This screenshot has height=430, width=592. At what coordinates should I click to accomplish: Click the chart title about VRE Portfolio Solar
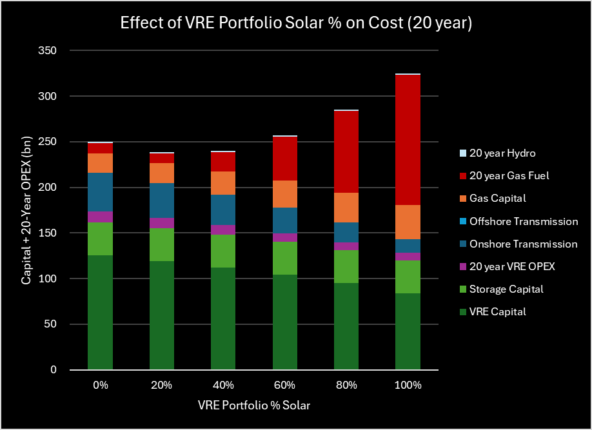[296, 24]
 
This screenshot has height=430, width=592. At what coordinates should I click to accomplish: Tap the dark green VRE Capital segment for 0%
[101, 312]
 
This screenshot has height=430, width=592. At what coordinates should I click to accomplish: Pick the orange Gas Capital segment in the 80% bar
[346, 208]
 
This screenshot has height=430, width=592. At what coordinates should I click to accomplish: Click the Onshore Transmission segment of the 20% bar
[162, 200]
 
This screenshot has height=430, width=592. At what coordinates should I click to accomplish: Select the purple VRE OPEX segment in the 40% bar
[223, 230]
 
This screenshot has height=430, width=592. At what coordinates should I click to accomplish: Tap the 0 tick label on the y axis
[54, 370]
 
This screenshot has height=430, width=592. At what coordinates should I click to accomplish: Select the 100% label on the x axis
[408, 385]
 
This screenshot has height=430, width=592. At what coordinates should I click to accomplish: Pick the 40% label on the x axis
[223, 385]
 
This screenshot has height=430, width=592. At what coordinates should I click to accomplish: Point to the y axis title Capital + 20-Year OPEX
[26, 210]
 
